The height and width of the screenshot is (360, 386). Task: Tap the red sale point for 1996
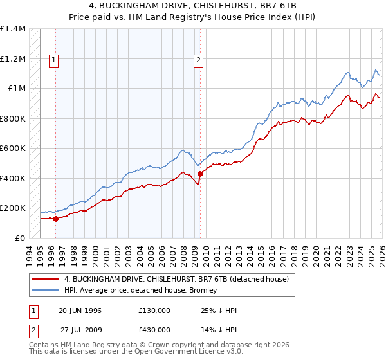click(x=56, y=219)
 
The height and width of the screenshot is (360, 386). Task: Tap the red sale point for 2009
click(x=200, y=174)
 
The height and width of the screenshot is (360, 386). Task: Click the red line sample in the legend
click(x=45, y=280)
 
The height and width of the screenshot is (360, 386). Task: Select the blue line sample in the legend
click(x=45, y=291)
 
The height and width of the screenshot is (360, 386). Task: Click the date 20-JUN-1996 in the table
click(x=80, y=310)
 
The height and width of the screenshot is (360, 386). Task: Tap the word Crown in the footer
click(x=145, y=346)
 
